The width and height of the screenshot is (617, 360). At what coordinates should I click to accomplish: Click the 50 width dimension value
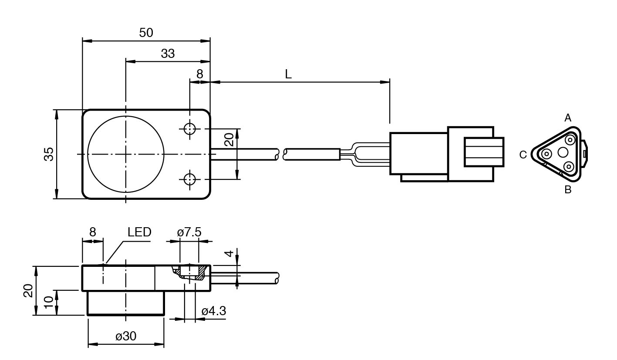(146, 33)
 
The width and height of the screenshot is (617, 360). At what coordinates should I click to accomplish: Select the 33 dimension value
(168, 54)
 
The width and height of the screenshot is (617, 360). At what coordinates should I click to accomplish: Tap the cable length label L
(288, 74)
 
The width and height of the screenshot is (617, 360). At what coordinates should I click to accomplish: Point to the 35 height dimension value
(49, 154)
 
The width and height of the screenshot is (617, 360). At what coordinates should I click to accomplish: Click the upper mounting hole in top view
(190, 129)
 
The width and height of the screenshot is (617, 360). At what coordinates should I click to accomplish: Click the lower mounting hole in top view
(190, 179)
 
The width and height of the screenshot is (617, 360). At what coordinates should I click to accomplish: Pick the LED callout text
(139, 232)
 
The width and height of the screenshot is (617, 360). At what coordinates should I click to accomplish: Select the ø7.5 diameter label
(189, 232)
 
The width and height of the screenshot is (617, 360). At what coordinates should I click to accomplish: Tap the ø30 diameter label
(126, 336)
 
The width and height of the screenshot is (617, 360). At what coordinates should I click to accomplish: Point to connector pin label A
(568, 118)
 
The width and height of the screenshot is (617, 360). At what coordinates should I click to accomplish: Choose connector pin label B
(568, 190)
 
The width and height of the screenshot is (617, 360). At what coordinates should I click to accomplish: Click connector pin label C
(523, 155)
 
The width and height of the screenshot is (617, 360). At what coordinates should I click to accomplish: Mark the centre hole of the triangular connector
(563, 152)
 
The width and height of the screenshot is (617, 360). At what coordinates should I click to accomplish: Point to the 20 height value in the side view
(28, 290)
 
